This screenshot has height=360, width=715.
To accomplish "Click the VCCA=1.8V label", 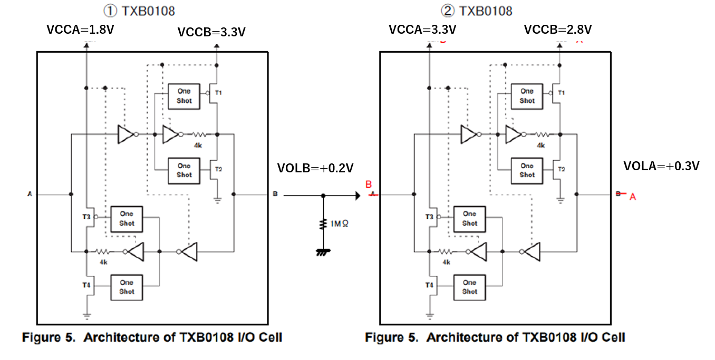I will click(x=80, y=30).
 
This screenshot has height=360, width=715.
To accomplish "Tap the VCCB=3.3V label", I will click(x=211, y=32).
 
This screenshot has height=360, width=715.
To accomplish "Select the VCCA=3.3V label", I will click(x=422, y=30).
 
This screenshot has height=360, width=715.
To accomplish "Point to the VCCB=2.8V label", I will click(x=557, y=30).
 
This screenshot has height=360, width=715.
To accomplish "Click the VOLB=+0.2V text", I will click(x=315, y=168).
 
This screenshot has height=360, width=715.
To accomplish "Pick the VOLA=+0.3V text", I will click(x=661, y=166).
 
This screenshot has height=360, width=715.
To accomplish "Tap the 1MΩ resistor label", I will click(x=340, y=223).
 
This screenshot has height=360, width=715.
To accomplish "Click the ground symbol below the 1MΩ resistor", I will click(x=323, y=252).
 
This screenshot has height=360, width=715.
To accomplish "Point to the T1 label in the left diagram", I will click(x=218, y=93).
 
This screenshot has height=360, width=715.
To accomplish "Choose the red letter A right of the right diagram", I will click(x=633, y=197).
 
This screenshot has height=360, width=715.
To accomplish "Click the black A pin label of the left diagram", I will click(x=30, y=194).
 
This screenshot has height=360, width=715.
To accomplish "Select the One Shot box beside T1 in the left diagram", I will click(x=184, y=96).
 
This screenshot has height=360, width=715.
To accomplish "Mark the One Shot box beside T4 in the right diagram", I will click(x=469, y=287).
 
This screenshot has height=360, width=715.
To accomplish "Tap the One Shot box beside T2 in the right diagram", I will click(x=527, y=170).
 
